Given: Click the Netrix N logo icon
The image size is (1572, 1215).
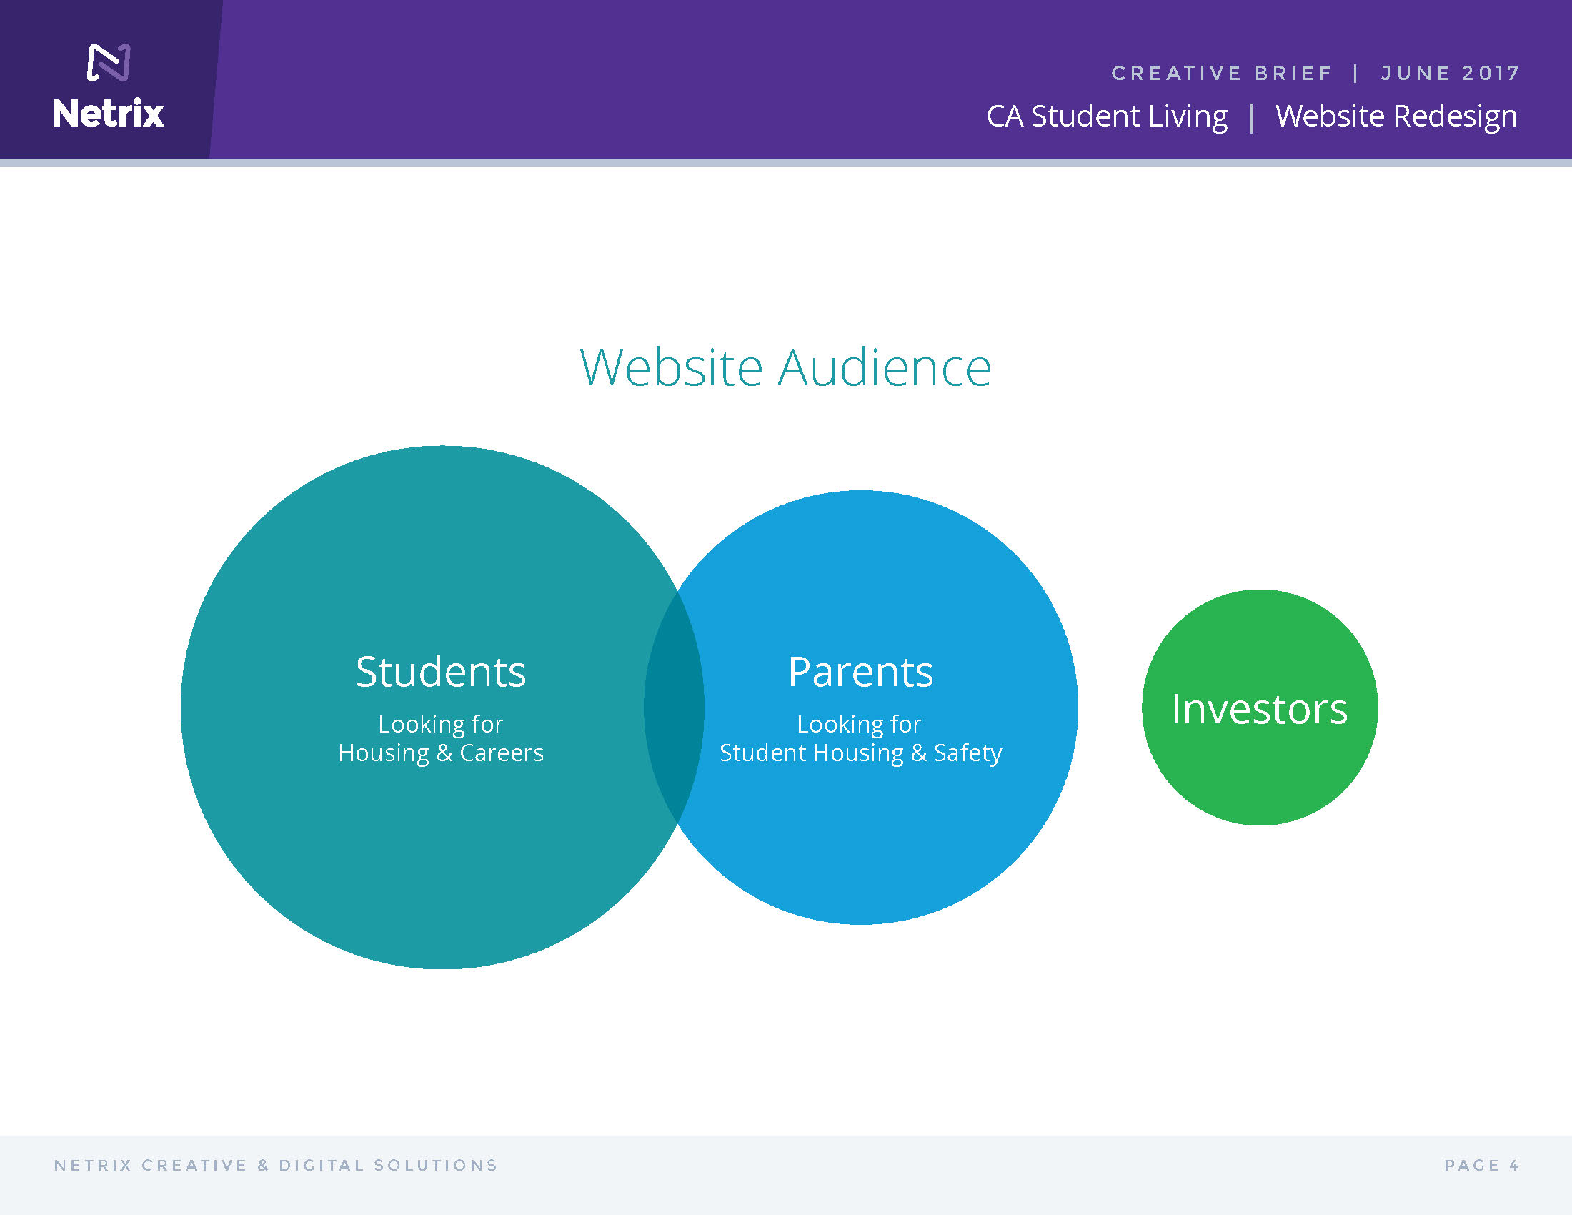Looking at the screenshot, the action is [109, 63].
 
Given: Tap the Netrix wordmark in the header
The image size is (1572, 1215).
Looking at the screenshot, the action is [109, 114].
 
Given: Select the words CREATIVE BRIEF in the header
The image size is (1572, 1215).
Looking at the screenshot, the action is [1221, 74].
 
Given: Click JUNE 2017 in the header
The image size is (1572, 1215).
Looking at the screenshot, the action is [1450, 74].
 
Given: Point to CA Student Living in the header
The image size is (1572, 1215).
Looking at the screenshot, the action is [1107, 116].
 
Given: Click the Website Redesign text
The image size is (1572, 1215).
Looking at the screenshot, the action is [1396, 116].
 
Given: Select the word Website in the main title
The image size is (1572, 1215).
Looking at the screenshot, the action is [671, 367].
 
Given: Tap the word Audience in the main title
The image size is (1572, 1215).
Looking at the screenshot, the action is [885, 367].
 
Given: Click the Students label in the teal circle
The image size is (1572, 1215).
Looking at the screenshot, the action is [440, 672].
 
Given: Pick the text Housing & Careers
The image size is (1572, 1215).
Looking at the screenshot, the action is [440, 753].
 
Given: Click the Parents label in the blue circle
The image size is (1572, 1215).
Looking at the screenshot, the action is [861, 672].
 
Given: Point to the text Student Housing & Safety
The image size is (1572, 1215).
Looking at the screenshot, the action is [861, 753].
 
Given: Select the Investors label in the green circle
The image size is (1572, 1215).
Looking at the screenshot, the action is [1260, 709].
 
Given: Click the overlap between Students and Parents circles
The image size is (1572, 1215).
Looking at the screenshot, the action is [675, 708].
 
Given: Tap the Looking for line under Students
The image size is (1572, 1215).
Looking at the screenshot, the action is [440, 724].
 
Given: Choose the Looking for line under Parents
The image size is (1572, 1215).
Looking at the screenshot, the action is [859, 724].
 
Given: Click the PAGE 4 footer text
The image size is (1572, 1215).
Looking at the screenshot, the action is [1481, 1166].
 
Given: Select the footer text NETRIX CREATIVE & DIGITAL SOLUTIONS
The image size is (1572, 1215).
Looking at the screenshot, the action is [276, 1166].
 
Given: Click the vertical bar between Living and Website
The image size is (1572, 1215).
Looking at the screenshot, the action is [1253, 118].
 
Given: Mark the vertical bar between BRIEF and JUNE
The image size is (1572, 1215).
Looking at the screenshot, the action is [1356, 74].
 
